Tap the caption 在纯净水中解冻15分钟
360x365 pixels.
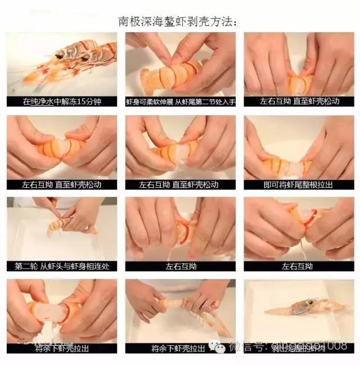click(x=62, y=102)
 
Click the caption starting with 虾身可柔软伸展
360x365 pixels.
click(x=180, y=102)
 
